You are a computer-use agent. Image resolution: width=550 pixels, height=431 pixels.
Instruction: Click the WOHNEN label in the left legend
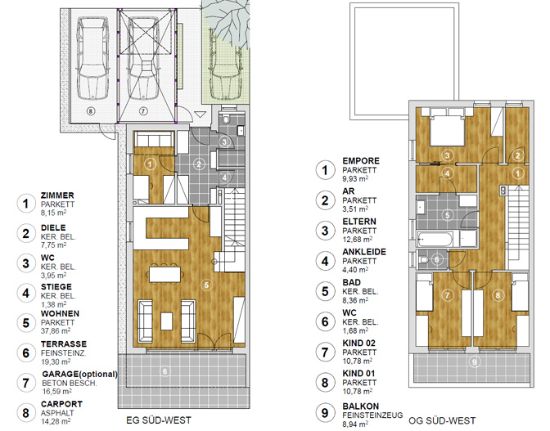click(x=60, y=313)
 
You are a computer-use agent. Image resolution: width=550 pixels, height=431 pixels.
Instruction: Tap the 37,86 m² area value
click(x=56, y=330)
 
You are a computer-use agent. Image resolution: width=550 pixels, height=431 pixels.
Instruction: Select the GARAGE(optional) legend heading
click(x=79, y=375)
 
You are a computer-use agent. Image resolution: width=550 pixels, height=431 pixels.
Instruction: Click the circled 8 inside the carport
click(x=91, y=111)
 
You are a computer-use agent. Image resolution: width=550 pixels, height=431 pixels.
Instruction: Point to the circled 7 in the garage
click(x=143, y=111)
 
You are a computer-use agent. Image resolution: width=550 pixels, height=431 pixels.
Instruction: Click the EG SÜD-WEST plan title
click(x=159, y=420)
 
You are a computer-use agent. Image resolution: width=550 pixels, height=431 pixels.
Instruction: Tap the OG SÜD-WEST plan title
click(x=442, y=420)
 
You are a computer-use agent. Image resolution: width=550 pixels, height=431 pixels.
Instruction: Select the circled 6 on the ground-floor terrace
click(x=165, y=370)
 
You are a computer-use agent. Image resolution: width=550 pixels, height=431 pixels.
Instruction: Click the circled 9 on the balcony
click(x=474, y=361)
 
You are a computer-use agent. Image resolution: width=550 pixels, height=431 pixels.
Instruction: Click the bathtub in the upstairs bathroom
click(x=435, y=239)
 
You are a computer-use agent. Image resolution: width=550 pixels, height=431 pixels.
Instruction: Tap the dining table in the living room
click(x=165, y=274)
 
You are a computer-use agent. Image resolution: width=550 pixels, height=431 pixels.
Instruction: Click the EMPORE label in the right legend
click(x=361, y=161)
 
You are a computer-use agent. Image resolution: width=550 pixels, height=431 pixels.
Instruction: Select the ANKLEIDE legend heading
click(x=364, y=252)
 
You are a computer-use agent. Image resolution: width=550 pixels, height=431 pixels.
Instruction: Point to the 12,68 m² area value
click(x=358, y=240)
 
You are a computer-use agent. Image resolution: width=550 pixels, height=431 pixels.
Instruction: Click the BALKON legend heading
click(x=361, y=406)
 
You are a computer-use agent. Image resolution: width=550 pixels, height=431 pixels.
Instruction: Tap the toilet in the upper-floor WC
click(x=422, y=259)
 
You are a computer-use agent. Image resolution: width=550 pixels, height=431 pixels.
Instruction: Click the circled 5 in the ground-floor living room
click(x=206, y=285)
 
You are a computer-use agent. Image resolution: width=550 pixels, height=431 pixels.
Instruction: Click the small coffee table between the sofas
click(x=167, y=321)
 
